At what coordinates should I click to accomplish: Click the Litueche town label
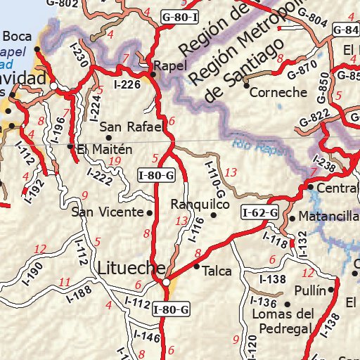point(131,268)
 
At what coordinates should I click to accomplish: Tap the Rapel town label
point(173,65)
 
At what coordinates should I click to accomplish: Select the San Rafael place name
point(131,127)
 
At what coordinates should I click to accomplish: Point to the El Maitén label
point(105,149)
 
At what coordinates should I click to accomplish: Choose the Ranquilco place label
point(200,204)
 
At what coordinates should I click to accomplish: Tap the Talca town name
point(217,269)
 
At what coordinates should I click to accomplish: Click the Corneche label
point(279,92)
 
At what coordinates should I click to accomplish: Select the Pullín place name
point(311,290)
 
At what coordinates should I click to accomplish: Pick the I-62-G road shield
point(260,212)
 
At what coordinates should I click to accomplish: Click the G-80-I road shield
point(180,15)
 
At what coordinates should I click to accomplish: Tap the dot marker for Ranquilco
point(214,215)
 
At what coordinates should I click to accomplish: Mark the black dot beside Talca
point(196,266)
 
